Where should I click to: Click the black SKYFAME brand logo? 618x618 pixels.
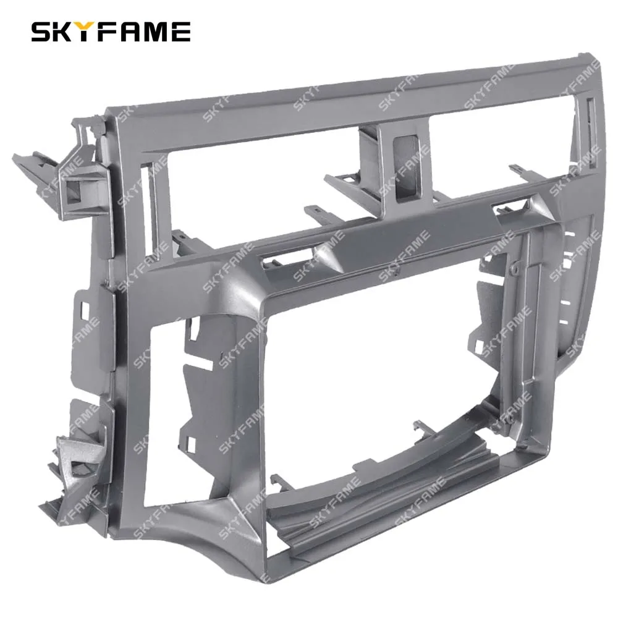pyautogui.click(x=111, y=32)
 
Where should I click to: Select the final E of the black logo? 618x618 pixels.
pyautogui.click(x=180, y=32)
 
